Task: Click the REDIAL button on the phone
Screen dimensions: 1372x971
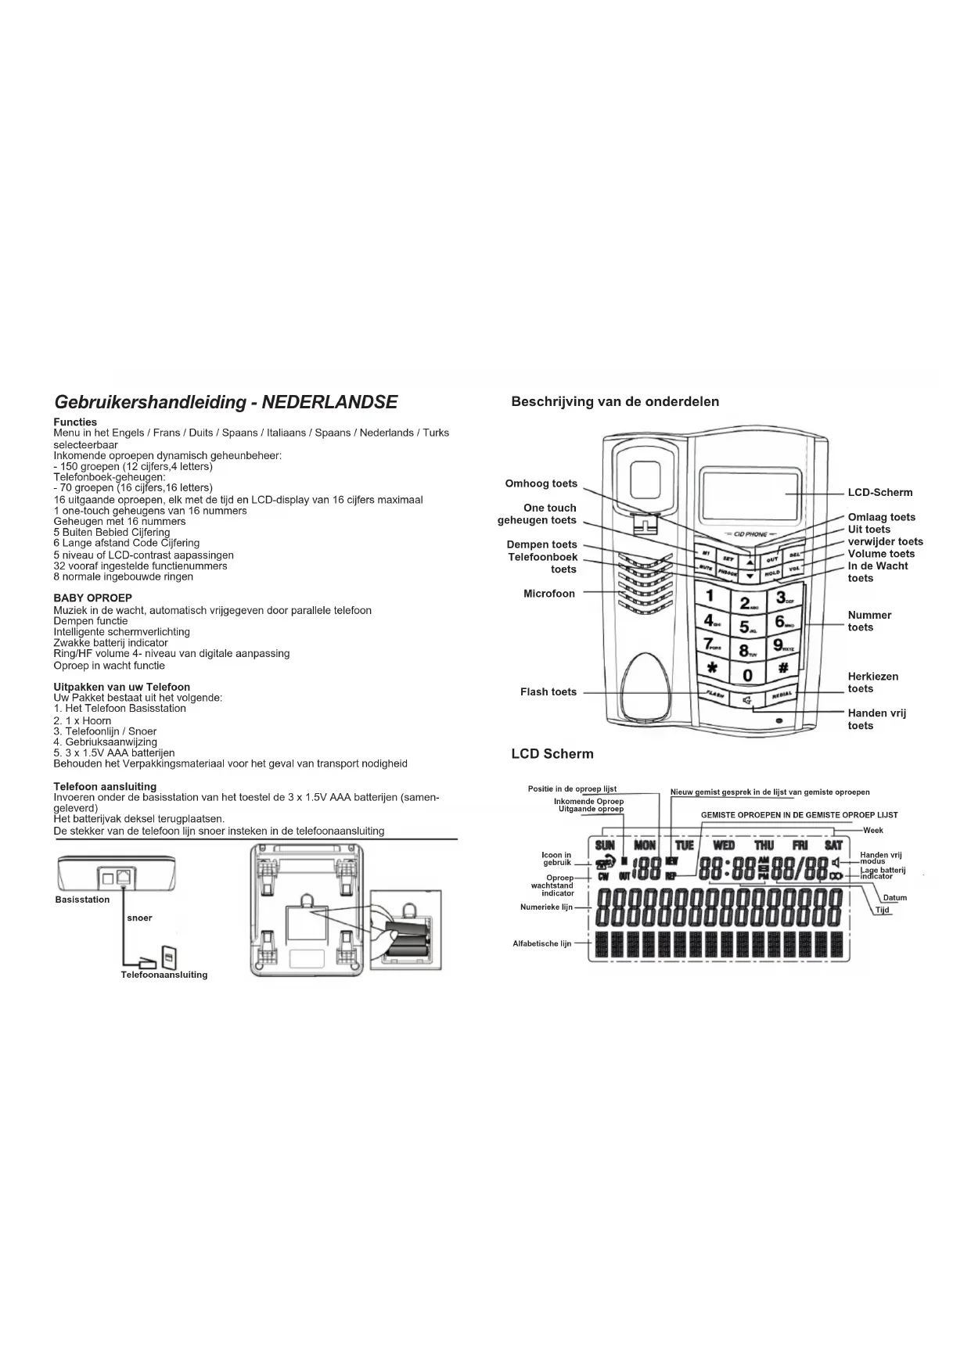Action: (x=782, y=695)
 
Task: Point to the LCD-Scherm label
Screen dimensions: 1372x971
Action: (x=879, y=493)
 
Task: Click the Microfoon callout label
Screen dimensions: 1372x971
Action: (x=548, y=594)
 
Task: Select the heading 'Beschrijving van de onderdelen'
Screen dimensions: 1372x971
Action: (x=615, y=402)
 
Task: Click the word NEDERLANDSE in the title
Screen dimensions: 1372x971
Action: (x=329, y=402)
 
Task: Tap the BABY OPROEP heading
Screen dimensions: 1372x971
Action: (x=92, y=598)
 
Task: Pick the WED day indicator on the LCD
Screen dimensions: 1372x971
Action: (x=724, y=845)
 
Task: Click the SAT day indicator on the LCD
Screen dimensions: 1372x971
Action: (x=833, y=845)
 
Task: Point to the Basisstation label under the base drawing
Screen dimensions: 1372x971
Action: (x=82, y=900)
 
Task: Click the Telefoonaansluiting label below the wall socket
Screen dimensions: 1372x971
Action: (x=164, y=975)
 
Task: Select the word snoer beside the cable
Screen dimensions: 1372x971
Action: (x=139, y=918)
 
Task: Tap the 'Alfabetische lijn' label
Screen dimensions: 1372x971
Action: (x=541, y=943)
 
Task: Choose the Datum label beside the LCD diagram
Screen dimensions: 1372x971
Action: (x=894, y=898)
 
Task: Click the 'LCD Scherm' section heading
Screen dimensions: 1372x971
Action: (x=552, y=754)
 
